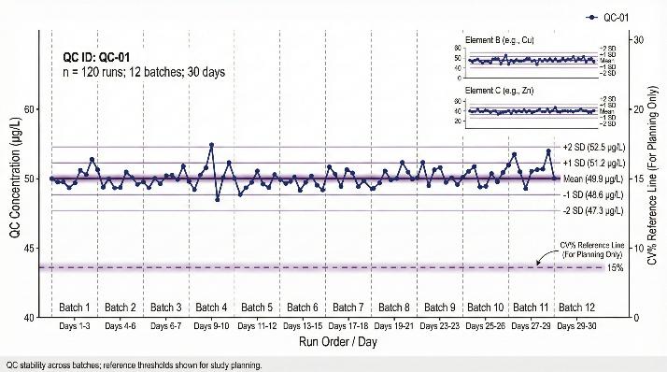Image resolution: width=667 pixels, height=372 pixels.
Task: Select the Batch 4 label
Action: pos(211,308)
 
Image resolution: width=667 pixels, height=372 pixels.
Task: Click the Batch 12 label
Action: pos(575,308)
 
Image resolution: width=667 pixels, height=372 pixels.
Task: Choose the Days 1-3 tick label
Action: pos(75,326)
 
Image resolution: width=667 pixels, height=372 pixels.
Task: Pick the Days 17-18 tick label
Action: pos(348,326)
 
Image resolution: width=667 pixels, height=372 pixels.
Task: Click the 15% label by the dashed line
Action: pos(616,268)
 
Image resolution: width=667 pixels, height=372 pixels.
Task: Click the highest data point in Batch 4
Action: pos(212,145)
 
